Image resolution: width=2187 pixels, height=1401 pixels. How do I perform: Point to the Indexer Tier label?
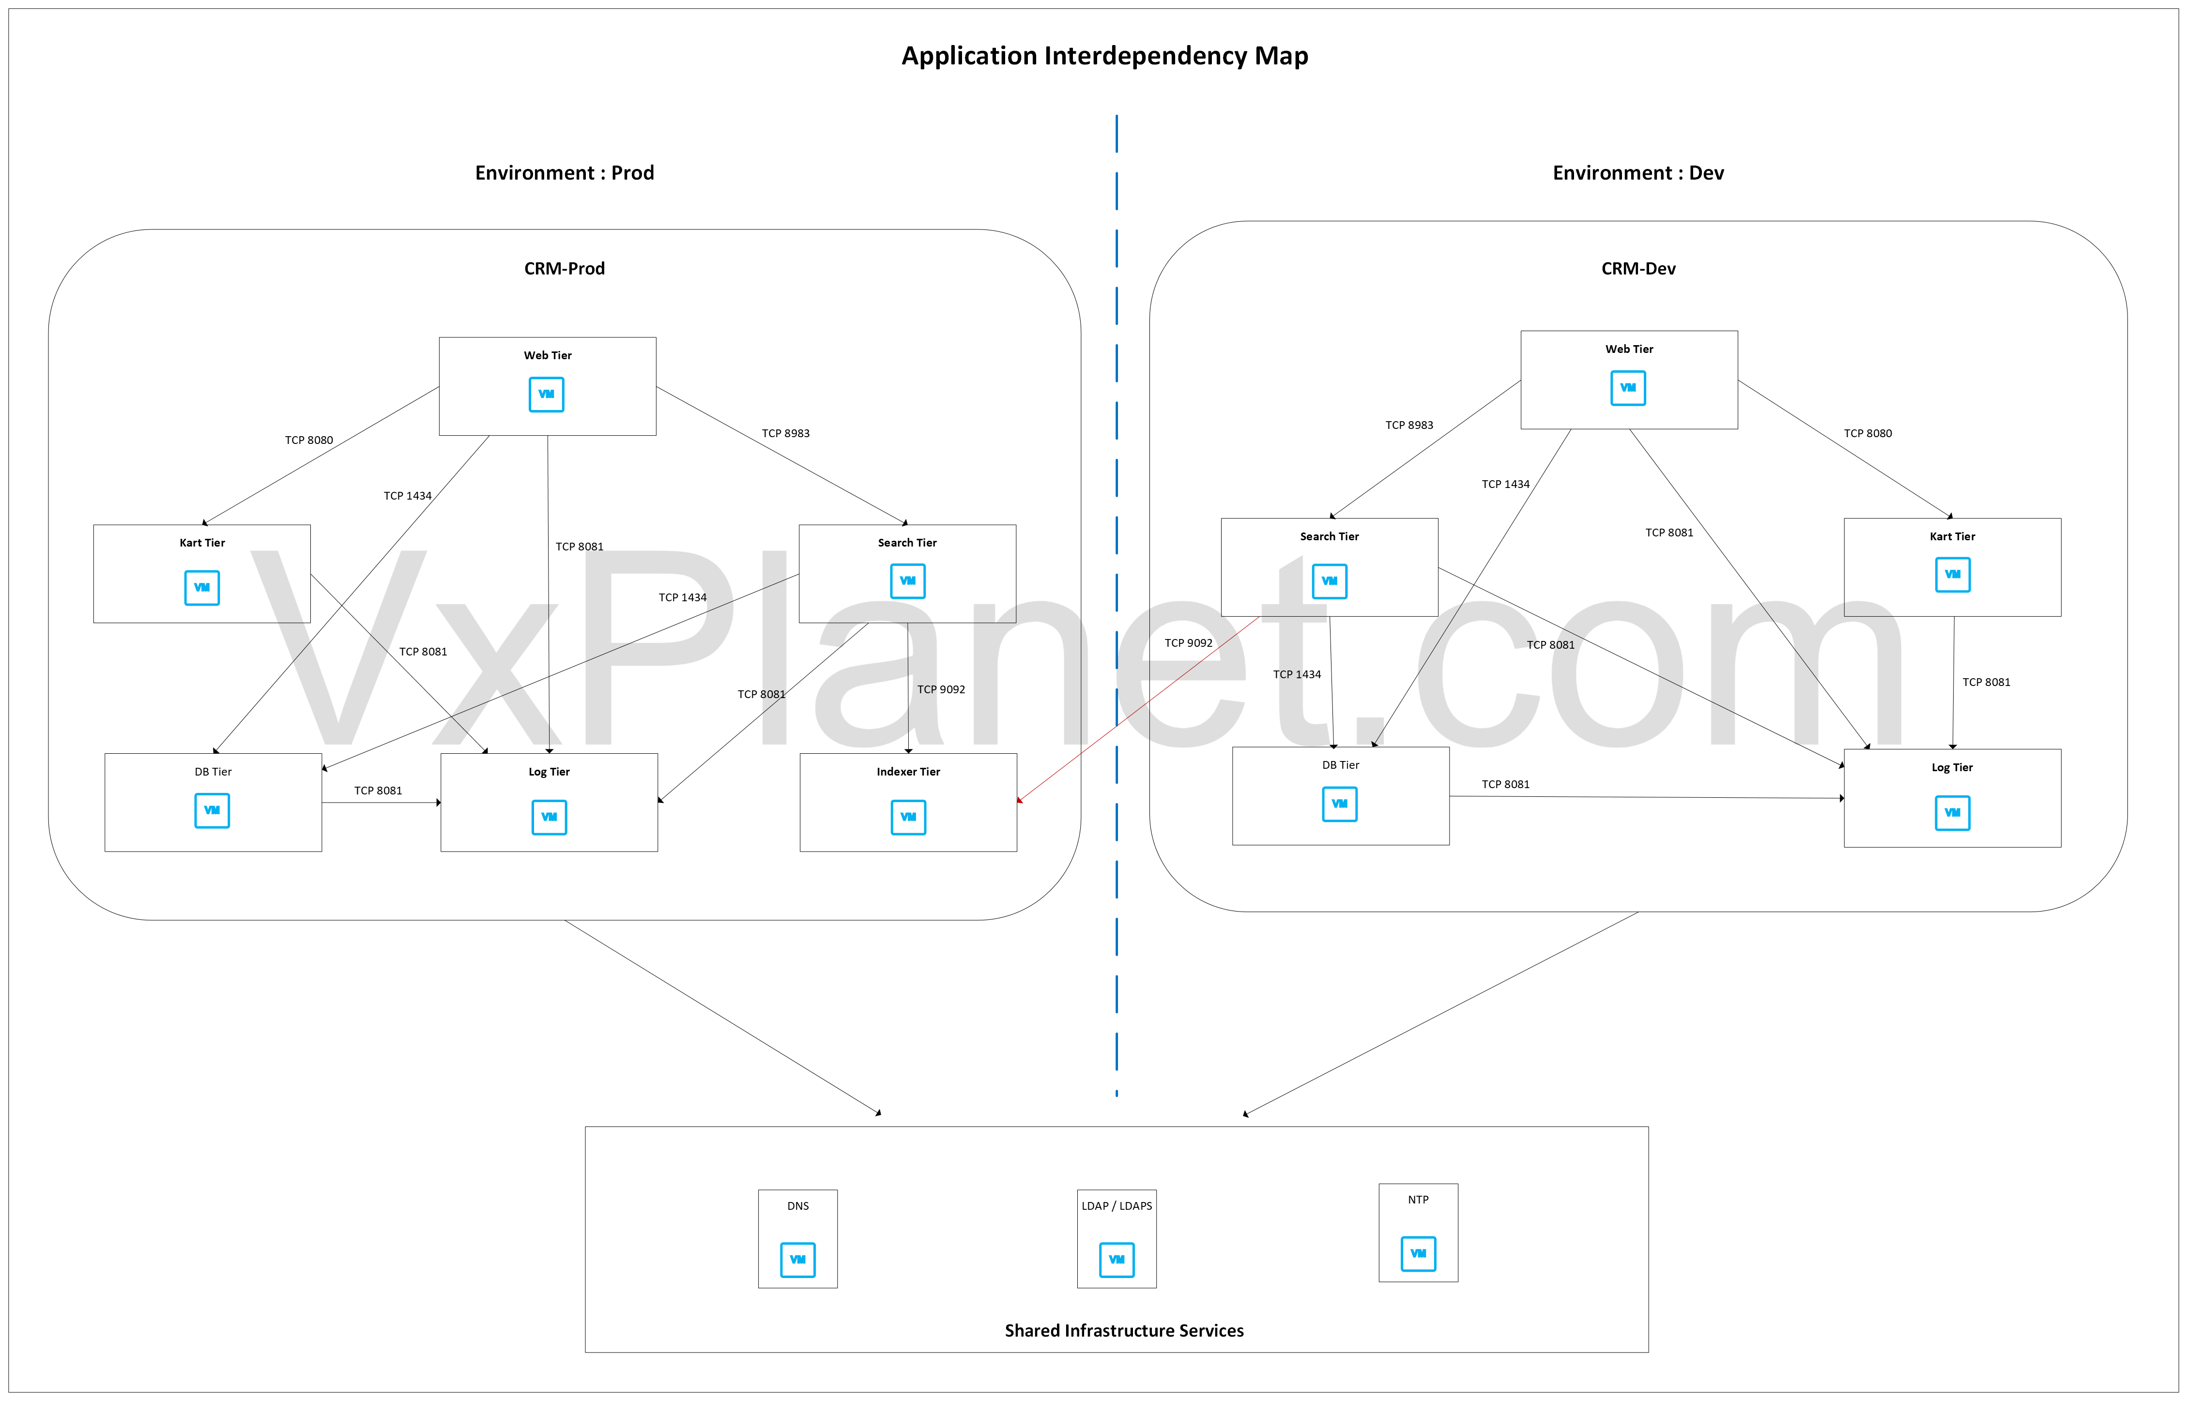[x=908, y=772]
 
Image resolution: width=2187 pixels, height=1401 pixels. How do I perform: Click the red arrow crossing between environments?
[x=1137, y=710]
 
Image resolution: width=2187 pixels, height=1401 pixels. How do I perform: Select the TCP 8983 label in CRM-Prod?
[x=785, y=433]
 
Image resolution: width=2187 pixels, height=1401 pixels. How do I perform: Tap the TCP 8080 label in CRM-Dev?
[x=1867, y=433]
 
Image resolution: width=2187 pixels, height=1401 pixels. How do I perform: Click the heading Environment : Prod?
[x=564, y=173]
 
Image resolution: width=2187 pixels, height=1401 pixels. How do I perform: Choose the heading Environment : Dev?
[x=1637, y=173]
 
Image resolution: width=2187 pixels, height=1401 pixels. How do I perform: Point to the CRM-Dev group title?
[x=1637, y=268]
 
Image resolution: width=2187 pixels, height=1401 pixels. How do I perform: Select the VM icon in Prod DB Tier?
[x=212, y=810]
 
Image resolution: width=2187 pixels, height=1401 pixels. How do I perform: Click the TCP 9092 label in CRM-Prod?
[x=941, y=689]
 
